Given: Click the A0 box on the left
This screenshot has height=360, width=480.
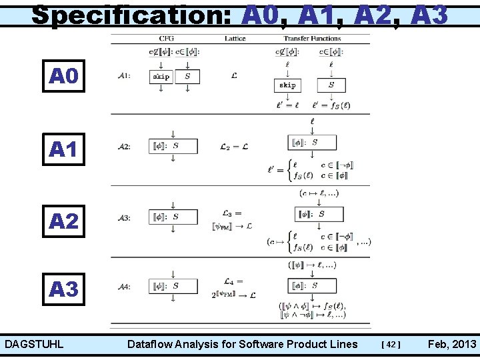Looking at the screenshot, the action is click(63, 77).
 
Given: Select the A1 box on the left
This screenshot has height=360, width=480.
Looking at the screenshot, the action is click(63, 150).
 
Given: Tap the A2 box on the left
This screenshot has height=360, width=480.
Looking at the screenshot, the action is click(63, 220).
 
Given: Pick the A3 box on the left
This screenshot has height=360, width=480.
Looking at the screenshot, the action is click(63, 289).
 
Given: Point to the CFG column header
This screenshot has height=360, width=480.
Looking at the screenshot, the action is click(167, 39).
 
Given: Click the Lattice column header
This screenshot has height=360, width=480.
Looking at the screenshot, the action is click(235, 39).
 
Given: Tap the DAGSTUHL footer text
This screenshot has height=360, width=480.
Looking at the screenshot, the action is click(34, 344).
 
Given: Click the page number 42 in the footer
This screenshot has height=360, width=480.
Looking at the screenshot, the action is click(390, 345).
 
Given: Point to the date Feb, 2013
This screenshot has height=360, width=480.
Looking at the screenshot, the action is click(452, 344).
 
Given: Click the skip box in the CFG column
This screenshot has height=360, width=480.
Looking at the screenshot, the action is click(161, 77).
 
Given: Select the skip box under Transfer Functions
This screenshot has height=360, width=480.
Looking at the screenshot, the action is click(287, 85).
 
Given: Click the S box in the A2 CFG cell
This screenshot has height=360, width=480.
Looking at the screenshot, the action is click(173, 146).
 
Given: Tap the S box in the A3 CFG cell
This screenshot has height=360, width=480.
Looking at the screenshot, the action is click(173, 217).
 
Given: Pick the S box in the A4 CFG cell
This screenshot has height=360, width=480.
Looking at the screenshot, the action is click(173, 286).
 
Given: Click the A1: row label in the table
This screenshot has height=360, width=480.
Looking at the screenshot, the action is click(124, 77).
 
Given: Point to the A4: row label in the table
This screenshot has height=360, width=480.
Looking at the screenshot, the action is click(124, 287).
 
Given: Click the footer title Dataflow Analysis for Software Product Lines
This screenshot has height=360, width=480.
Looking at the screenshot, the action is click(242, 344).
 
